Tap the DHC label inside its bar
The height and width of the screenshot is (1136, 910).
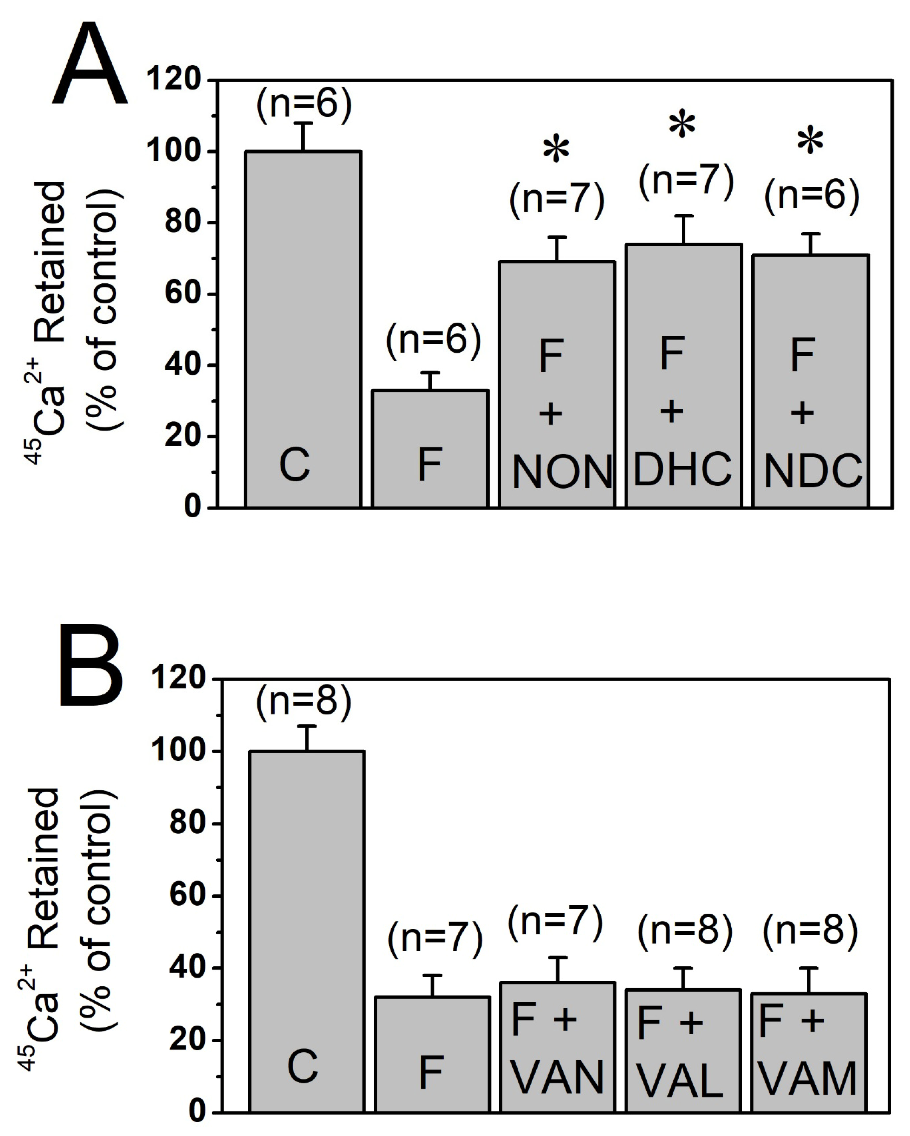tap(682, 469)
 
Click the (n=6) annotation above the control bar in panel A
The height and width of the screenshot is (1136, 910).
tap(304, 104)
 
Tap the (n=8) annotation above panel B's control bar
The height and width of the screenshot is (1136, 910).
tap(304, 702)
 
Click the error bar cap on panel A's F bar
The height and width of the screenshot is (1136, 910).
tap(431, 373)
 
